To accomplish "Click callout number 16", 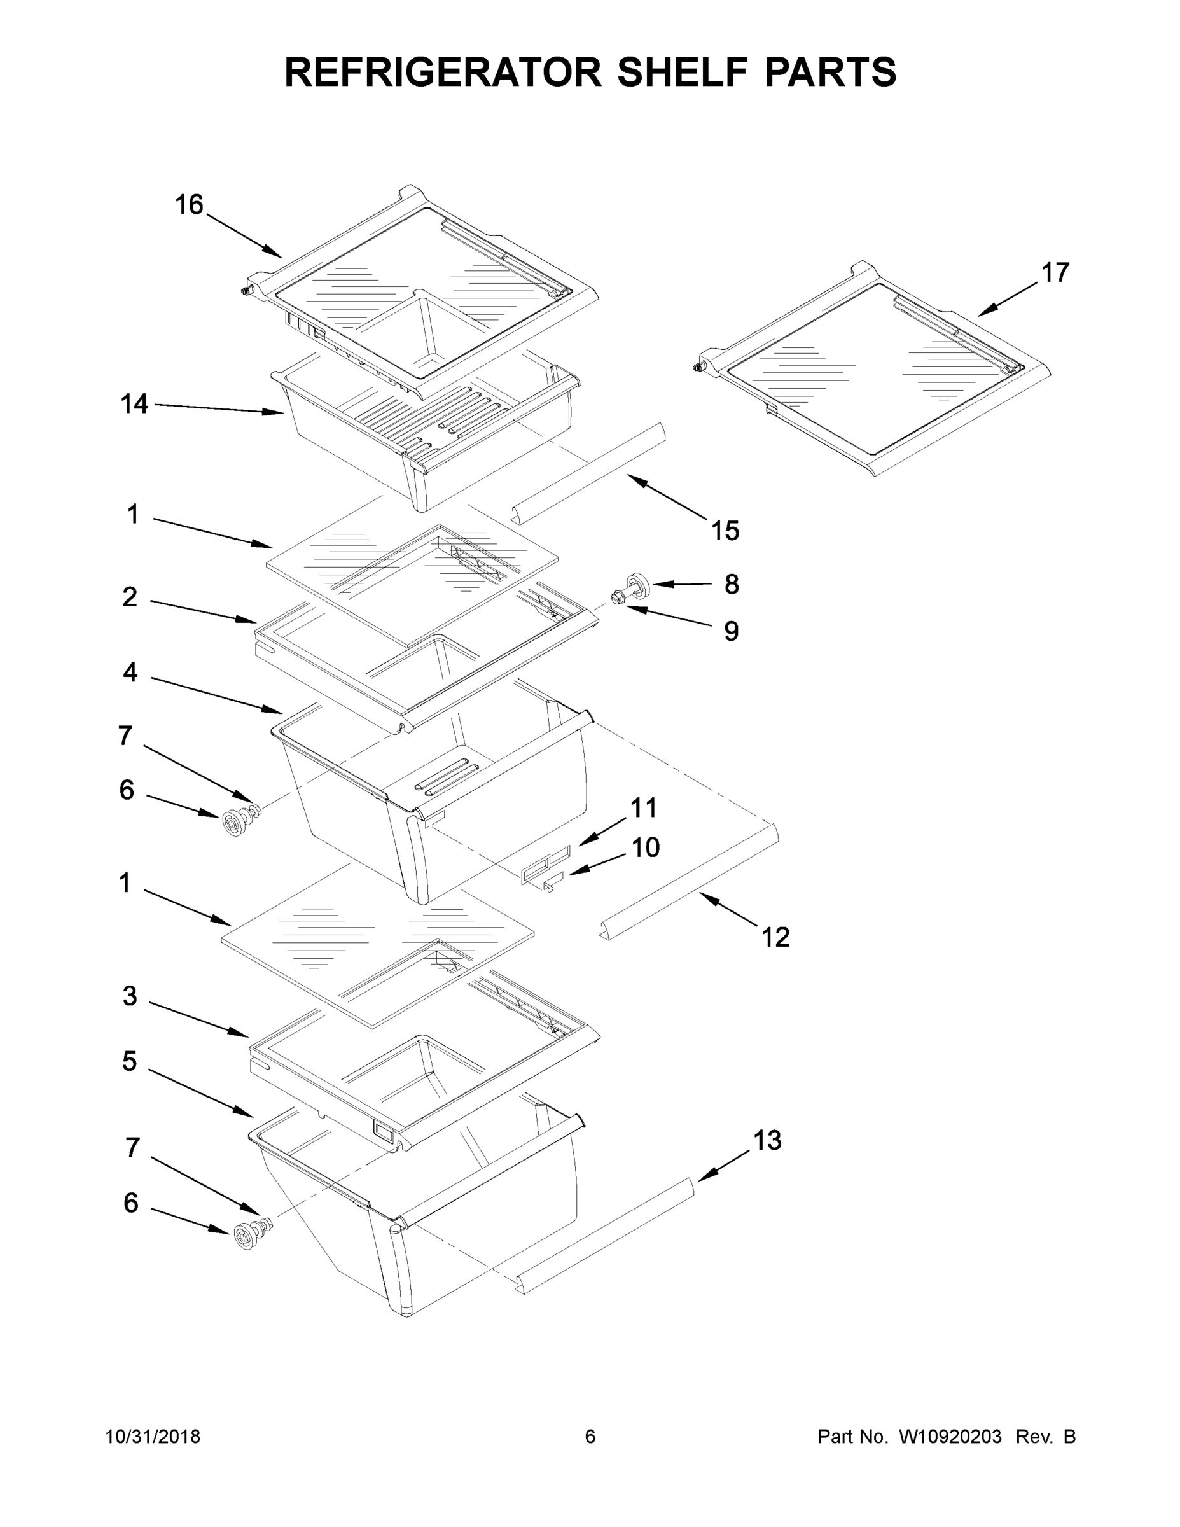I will (189, 205).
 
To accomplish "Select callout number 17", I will (1055, 273).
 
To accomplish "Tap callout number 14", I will (134, 404).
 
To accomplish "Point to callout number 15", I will (725, 531).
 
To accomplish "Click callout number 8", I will (731, 584).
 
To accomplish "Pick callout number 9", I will (730, 631).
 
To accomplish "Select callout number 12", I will (775, 938).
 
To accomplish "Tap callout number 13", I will (767, 1140).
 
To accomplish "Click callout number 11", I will (643, 808).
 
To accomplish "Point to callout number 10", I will (645, 848).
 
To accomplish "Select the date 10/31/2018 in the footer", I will (153, 1437).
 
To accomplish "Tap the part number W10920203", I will (949, 1437).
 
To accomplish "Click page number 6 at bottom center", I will (590, 1437).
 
